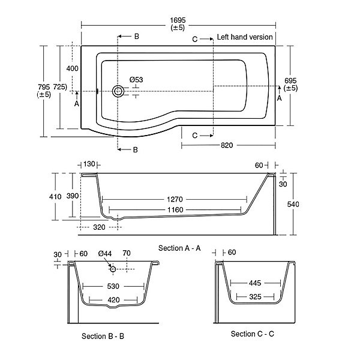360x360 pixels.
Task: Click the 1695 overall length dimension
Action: (178, 20)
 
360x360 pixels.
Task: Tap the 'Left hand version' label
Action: (245, 37)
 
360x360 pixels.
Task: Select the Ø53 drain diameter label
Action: (136, 80)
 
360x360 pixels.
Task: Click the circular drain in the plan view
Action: (118, 91)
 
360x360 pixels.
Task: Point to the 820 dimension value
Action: (227, 145)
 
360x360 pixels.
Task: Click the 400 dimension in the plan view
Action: (73, 68)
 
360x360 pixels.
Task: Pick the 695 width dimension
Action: (290, 81)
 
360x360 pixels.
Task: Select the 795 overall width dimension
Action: (44, 87)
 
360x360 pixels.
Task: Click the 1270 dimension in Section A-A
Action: (175, 199)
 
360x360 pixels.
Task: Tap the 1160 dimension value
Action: (175, 210)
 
